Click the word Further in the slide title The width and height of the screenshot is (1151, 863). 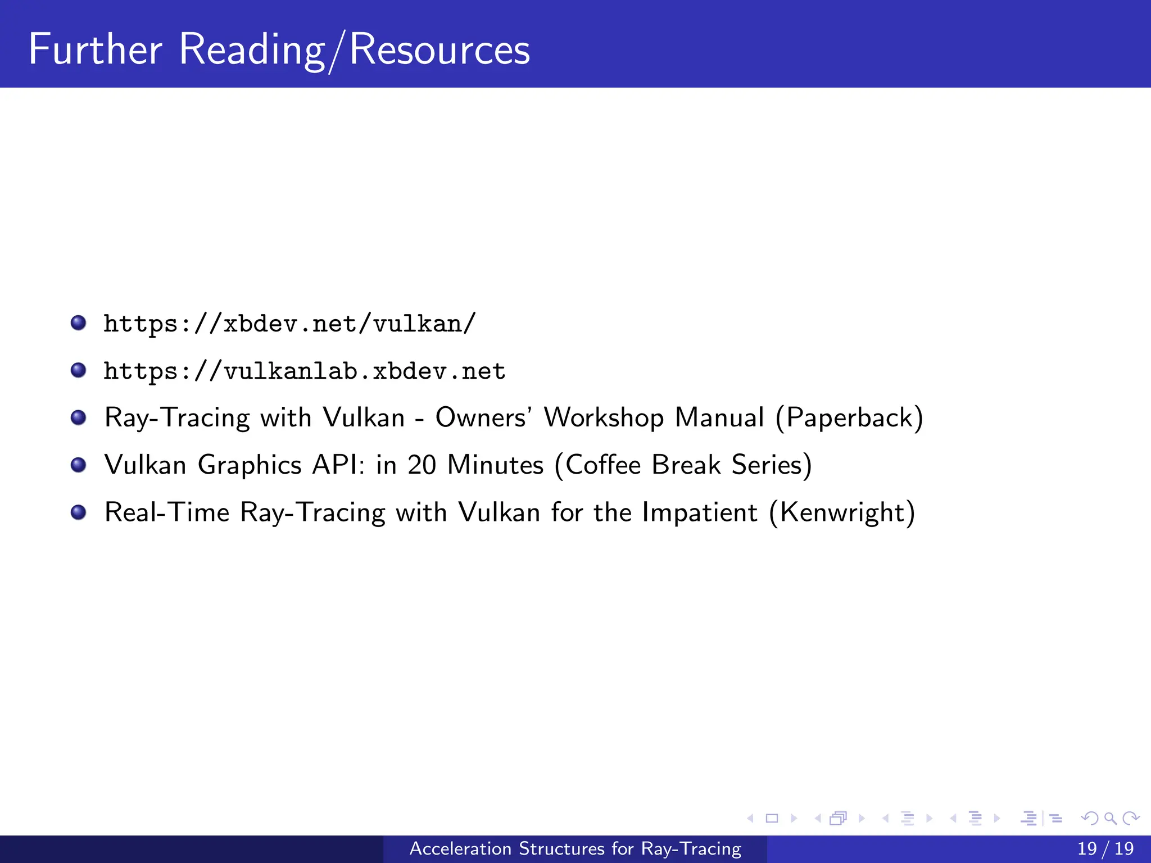[x=95, y=49]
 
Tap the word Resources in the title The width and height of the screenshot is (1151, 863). [x=439, y=49]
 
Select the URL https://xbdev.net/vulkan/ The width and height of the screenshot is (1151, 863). [x=289, y=324]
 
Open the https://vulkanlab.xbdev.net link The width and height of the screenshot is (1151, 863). [x=305, y=371]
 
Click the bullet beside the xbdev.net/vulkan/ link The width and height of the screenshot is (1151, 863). [x=78, y=323]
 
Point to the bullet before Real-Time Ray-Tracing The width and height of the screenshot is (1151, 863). [x=78, y=512]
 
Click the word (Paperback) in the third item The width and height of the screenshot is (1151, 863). [x=849, y=418]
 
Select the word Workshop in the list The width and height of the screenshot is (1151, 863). [x=604, y=418]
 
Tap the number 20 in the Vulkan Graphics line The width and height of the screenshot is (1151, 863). [x=422, y=465]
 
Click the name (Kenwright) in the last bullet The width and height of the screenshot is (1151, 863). [x=842, y=512]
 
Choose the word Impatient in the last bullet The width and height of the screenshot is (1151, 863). [x=699, y=512]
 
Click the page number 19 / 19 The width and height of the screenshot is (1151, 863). [x=1105, y=848]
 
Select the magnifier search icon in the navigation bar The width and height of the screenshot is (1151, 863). [x=1110, y=818]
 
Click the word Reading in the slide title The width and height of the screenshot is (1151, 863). [x=252, y=49]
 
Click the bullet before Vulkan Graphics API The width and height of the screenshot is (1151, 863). [x=78, y=465]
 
